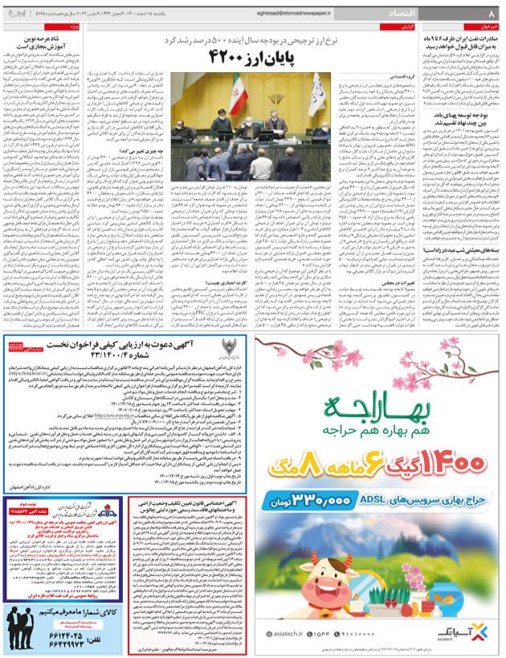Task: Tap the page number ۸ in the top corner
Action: pyautogui.click(x=492, y=14)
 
